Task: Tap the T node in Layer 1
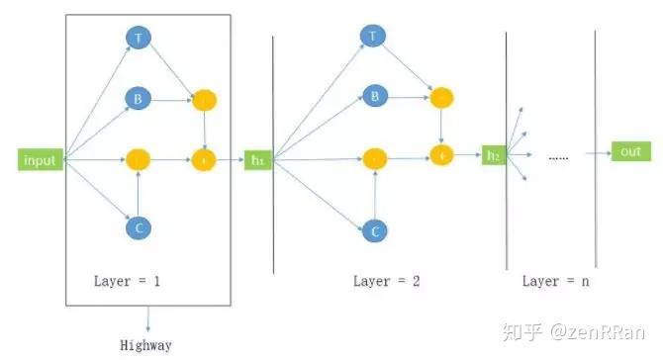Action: [x=138, y=37]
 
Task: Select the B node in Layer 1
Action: [x=138, y=99]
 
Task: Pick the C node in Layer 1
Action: [x=138, y=227]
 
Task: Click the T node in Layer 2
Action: [x=373, y=37]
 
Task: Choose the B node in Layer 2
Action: [x=373, y=96]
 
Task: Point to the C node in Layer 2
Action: [x=373, y=231]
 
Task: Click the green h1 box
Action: [x=258, y=159]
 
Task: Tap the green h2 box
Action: [x=494, y=154]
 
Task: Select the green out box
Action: [x=628, y=151]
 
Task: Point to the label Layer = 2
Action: [x=387, y=281]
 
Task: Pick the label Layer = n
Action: [x=556, y=281]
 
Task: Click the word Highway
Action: [x=147, y=345]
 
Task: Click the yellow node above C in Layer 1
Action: [x=138, y=159]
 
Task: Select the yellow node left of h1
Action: [x=204, y=159]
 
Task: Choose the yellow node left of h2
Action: [x=441, y=154]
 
